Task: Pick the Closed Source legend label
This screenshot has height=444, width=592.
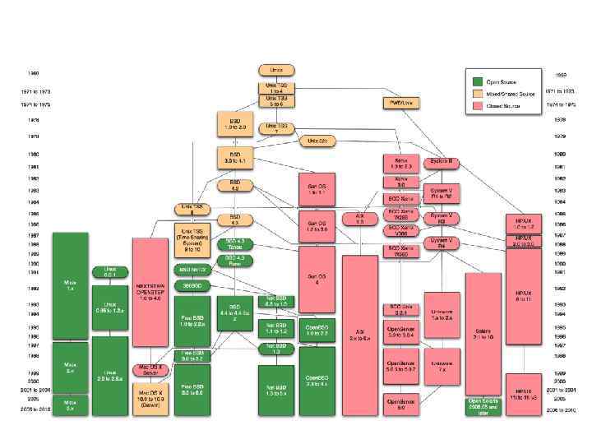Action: click(x=503, y=106)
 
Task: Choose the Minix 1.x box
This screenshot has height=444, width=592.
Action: click(x=70, y=284)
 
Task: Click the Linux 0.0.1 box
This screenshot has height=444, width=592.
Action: click(x=109, y=272)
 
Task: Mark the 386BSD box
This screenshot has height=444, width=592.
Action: click(x=191, y=284)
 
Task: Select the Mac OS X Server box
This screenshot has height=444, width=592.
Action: click(x=150, y=370)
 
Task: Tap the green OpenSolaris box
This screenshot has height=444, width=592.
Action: click(x=483, y=405)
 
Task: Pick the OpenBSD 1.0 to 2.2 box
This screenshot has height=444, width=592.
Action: click(x=317, y=331)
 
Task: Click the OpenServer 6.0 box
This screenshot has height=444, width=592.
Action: click(x=401, y=402)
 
